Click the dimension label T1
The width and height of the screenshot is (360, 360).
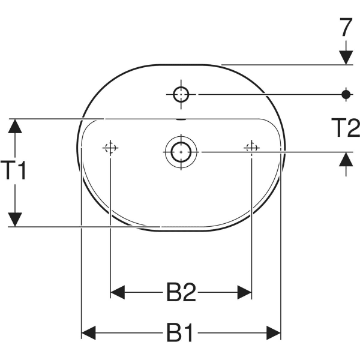tap(13, 170)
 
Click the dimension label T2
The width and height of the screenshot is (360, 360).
tap(346, 128)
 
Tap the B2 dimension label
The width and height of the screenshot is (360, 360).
tap(181, 292)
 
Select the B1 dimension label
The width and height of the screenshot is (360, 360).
tap(180, 332)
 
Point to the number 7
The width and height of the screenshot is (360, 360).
tap(346, 27)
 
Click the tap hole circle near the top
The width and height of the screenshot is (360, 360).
tap(181, 94)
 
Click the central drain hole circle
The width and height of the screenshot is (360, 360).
tap(181, 152)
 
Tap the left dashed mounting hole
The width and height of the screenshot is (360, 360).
tap(110, 148)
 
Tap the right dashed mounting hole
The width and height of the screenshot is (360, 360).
tap(251, 148)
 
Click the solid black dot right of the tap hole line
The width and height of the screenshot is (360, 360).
tap(346, 94)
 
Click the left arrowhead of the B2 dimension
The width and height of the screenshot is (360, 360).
tap(118, 292)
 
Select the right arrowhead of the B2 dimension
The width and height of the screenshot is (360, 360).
tap(245, 292)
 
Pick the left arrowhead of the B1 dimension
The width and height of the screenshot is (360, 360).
tap(89, 332)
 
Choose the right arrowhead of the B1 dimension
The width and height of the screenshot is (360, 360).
tap(274, 332)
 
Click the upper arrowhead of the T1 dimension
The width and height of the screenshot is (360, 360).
tap(15, 126)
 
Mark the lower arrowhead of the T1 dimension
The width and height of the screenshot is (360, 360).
tap(15, 220)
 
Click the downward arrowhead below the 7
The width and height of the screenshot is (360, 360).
tap(346, 58)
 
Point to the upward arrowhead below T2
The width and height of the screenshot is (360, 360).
tap(346, 160)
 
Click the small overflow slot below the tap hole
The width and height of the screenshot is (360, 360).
tap(181, 119)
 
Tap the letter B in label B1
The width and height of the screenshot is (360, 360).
tap(174, 332)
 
